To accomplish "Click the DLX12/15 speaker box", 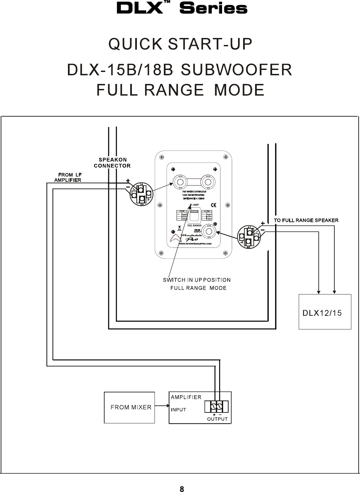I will (325, 312).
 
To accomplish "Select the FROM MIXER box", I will (130, 407).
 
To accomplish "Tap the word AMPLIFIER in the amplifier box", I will (186, 397).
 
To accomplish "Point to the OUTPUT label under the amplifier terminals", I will (217, 419).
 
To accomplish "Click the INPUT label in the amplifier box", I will (179, 410).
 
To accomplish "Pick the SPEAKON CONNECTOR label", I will (112, 163).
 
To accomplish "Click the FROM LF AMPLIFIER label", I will (68, 177).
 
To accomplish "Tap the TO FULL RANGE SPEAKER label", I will (306, 220).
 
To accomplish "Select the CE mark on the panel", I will (214, 205).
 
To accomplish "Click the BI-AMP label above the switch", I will (194, 205).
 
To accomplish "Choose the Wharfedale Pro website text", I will (195, 244).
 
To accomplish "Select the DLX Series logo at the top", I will (182, 8).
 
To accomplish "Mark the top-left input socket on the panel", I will (180, 182).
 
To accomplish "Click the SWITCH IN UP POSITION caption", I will (196, 280).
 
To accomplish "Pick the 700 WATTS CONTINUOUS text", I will (194, 192).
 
